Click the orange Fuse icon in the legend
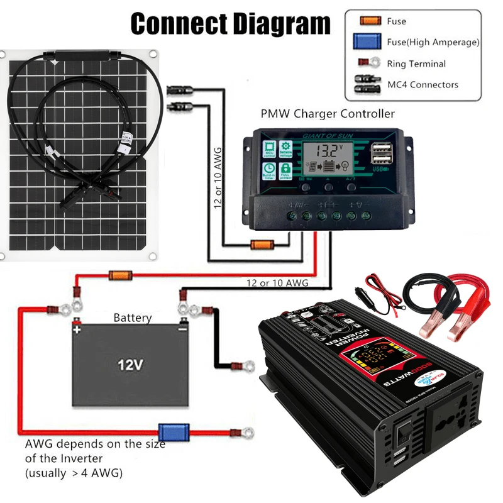(370, 21)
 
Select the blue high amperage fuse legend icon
(370, 42)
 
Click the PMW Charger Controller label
(328, 114)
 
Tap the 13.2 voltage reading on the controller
(328, 152)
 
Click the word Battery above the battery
(133, 318)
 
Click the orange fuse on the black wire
(262, 245)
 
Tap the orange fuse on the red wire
(119, 275)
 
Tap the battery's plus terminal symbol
(77, 328)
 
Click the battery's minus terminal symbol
(182, 328)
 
